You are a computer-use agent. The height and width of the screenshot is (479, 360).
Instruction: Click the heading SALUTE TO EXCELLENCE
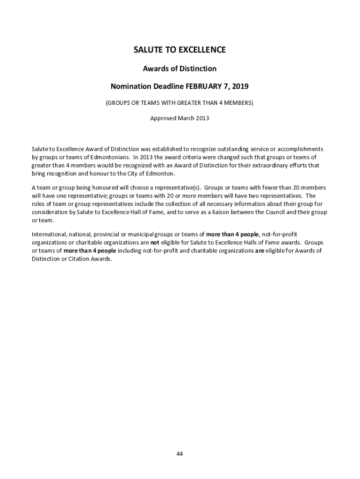(x=180, y=50)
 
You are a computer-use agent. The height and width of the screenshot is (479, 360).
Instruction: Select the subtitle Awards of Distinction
(x=180, y=69)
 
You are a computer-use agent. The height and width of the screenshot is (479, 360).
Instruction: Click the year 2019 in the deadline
(x=239, y=87)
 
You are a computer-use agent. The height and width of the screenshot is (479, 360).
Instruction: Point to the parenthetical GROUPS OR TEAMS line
(x=180, y=103)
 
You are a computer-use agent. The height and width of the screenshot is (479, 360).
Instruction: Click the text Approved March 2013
(x=180, y=118)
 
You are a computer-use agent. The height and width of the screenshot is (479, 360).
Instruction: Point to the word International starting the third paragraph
(x=49, y=234)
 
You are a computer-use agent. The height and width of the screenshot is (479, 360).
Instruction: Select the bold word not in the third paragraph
(x=154, y=243)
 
